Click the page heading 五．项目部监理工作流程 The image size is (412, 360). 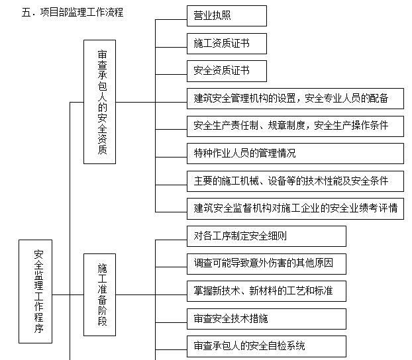point(72,12)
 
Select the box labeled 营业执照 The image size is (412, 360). point(217,16)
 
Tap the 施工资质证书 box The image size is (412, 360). point(217,44)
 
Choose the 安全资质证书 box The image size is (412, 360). point(217,71)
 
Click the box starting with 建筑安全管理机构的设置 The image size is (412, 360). point(295,99)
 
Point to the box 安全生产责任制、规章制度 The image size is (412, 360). point(295,126)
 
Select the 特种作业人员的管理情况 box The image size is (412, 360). point(295,153)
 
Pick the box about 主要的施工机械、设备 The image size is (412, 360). point(295,180)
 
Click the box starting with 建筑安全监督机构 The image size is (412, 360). point(295,207)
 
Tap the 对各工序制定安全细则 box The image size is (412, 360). point(266,236)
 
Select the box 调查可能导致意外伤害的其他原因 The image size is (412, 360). point(266,263)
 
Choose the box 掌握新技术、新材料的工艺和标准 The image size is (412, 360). point(266,291)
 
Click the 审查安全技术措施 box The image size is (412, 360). point(266,318)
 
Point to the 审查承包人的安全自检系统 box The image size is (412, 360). point(266,345)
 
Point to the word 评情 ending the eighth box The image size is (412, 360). point(389,208)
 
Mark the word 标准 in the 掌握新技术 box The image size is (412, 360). point(323,291)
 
